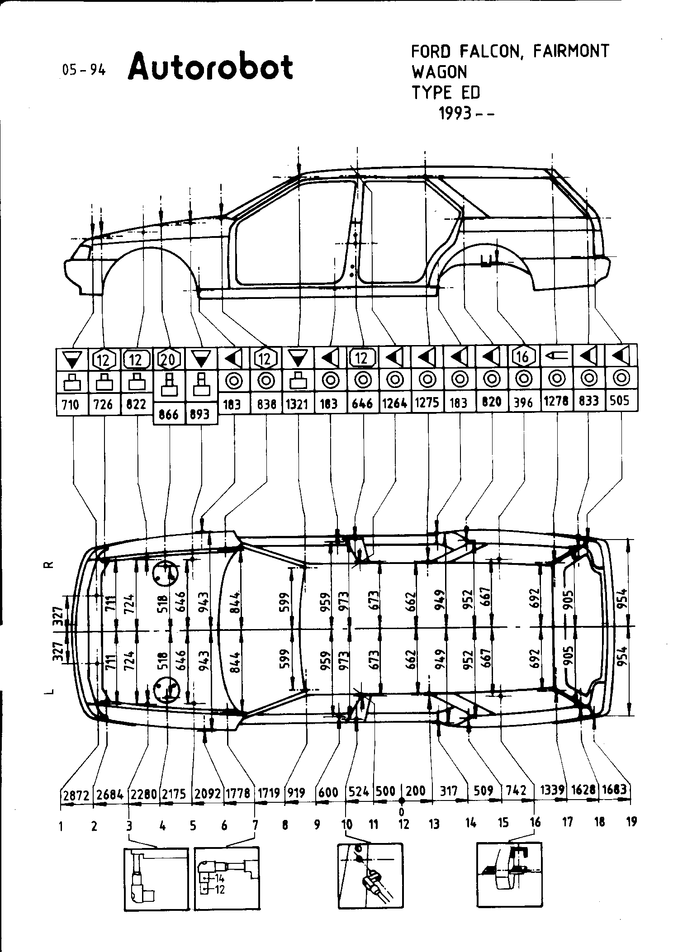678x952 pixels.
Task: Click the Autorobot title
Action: click(x=210, y=67)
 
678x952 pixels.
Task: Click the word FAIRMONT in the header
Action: click(x=571, y=51)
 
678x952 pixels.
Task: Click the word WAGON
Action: click(x=439, y=72)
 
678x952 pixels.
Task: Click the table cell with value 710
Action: click(x=71, y=404)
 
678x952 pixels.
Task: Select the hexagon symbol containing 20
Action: click(x=168, y=360)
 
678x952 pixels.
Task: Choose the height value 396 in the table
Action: click(x=523, y=402)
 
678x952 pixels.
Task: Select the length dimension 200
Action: click(x=416, y=791)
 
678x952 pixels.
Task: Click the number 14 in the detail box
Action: click(x=220, y=879)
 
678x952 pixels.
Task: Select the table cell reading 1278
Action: click(x=556, y=401)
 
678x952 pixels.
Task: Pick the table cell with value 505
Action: click(x=619, y=400)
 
